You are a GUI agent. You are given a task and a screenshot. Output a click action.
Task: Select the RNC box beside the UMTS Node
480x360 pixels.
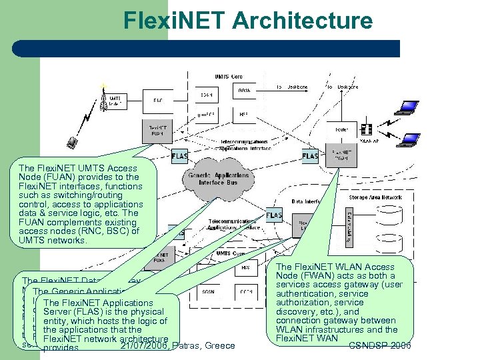[157, 101]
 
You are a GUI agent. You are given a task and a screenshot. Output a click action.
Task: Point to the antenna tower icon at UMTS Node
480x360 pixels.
[103, 98]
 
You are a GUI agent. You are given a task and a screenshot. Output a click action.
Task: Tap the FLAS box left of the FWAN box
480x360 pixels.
[310, 157]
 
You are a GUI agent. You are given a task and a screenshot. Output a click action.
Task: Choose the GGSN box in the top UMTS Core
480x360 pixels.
[243, 90]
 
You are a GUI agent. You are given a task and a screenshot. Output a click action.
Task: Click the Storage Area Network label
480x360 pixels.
[375, 197]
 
